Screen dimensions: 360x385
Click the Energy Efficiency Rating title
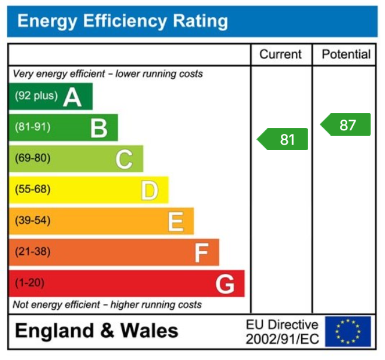123,22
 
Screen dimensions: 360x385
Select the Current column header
280,54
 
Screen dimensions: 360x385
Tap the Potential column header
346,54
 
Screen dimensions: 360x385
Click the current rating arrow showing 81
283,139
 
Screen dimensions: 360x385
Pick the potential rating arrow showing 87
345,125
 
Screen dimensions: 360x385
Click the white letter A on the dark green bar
72,96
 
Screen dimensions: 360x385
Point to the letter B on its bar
99,127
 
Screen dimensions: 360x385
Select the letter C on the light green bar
124,159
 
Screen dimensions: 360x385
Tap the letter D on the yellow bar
150,190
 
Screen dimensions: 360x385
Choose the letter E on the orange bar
175,221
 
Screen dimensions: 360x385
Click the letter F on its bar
201,252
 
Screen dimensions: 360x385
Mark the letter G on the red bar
225,284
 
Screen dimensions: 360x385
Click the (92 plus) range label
36,96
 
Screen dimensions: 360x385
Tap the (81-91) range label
32,127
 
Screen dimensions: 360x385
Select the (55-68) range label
32,190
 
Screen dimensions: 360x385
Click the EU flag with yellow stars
348,331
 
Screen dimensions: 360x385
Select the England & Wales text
96,331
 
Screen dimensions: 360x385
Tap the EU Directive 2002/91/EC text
282,332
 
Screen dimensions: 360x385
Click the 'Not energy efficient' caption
107,304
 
